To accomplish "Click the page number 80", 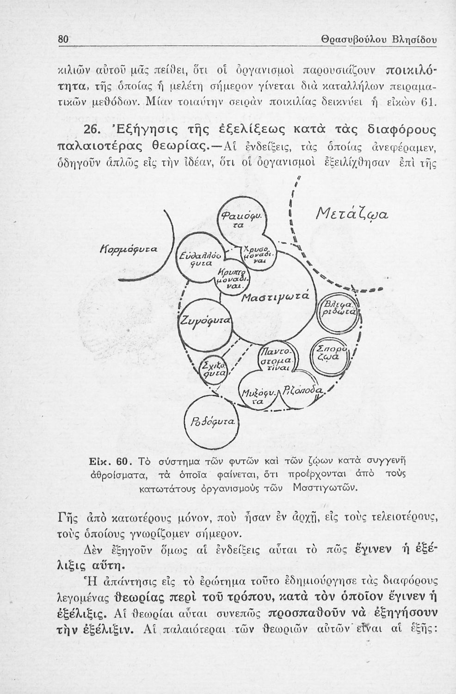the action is coord(63,40).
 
